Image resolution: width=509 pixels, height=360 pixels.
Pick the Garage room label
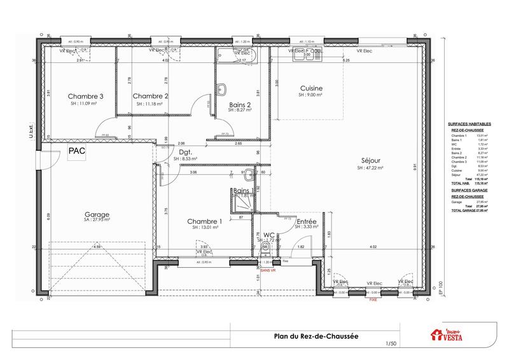[x=97, y=215]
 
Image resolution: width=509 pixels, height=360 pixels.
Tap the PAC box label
[x=78, y=151]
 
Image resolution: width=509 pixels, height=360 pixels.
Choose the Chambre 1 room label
[x=204, y=221]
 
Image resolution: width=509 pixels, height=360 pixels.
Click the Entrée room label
[x=289, y=221]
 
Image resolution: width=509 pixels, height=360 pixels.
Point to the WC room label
[x=268, y=235]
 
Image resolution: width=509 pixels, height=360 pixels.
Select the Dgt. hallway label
[x=186, y=153]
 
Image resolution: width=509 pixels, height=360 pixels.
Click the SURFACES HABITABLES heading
[x=469, y=124]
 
